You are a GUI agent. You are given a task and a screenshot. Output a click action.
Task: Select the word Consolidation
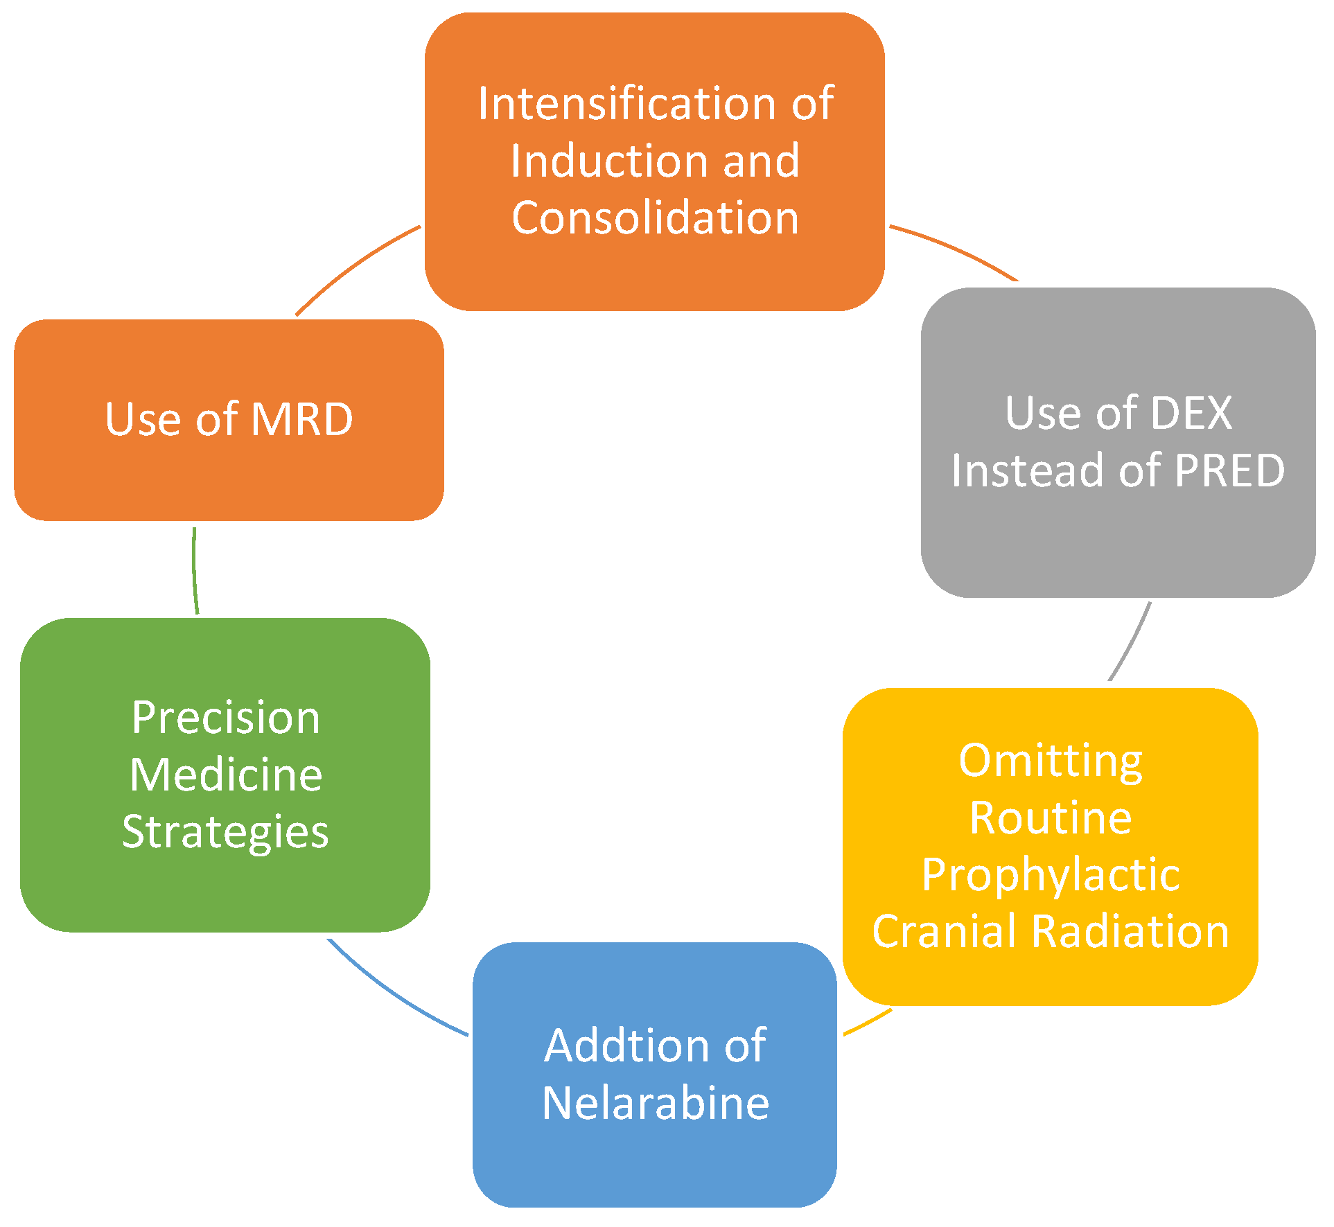point(655,218)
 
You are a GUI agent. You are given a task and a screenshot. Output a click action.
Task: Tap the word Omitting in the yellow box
point(1050,761)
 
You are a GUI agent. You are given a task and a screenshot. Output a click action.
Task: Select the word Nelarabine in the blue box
point(655,1103)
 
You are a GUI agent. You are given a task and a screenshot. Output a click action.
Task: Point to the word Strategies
point(225,832)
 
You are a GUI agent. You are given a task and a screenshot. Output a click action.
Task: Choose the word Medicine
point(226,775)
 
